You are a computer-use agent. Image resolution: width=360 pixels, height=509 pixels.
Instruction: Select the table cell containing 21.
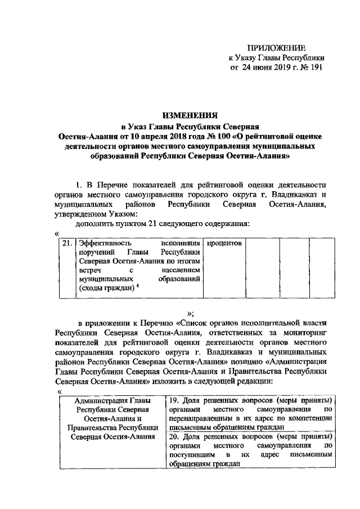pyautogui.click(x=67, y=244)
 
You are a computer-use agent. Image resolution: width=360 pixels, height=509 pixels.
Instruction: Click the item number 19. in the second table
pyautogui.click(x=174, y=400)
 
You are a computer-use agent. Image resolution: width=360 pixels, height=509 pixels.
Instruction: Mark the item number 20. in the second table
pyautogui.click(x=174, y=436)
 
